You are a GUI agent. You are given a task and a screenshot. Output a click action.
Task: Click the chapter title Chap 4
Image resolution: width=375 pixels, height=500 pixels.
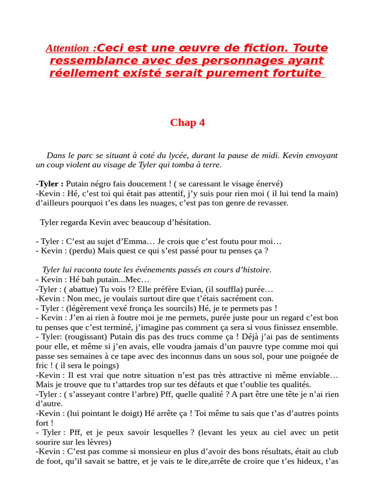pyautogui.click(x=187, y=123)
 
